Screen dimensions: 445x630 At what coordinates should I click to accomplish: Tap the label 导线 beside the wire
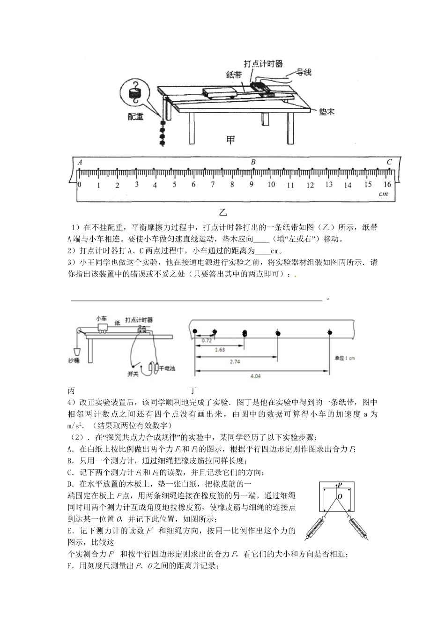point(304,73)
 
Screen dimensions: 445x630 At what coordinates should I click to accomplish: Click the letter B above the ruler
point(253,162)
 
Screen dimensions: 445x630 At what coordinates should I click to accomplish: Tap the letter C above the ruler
point(389,162)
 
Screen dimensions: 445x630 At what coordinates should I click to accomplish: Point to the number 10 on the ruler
point(271,185)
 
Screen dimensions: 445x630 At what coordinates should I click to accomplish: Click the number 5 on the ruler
point(174,185)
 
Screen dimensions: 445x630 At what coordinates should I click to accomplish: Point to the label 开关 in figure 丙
point(133,374)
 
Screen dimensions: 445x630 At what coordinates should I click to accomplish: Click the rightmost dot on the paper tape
point(330,333)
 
